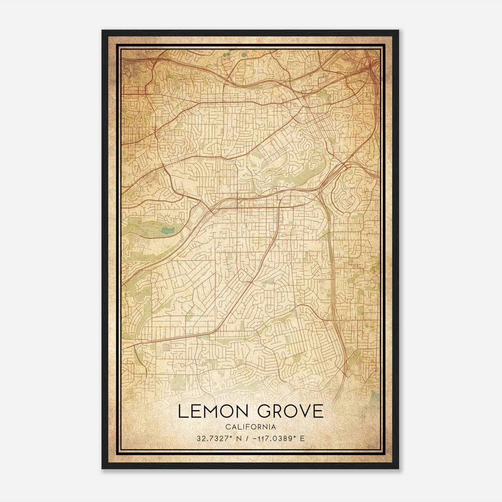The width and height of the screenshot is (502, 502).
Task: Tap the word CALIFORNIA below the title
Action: pos(251,427)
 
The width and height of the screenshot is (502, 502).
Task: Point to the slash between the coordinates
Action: pos(248,439)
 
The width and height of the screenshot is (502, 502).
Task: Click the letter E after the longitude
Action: pos(302,439)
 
